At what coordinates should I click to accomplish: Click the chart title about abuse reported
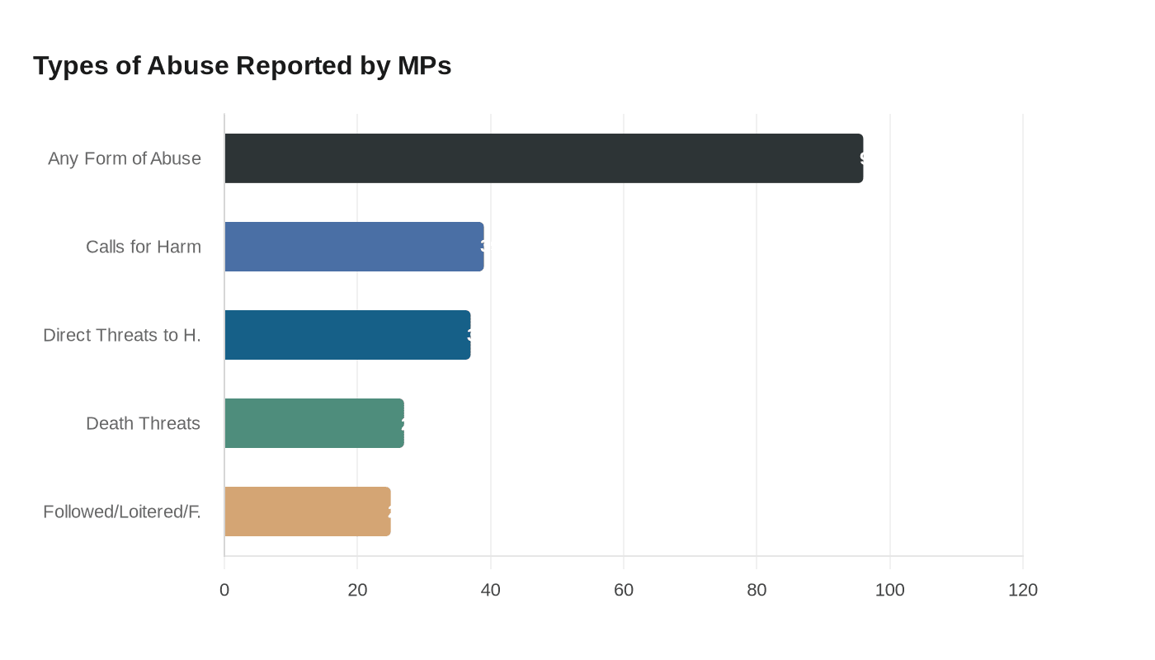coord(242,65)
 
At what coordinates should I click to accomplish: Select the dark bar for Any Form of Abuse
coord(544,158)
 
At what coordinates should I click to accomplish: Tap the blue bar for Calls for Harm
coord(354,247)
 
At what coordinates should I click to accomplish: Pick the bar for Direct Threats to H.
coord(347,335)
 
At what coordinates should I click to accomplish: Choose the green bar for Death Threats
coord(314,423)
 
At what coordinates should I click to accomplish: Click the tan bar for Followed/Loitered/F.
coord(308,511)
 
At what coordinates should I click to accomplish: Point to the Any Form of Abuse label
coord(125,158)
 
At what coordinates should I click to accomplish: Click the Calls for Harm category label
coord(144,247)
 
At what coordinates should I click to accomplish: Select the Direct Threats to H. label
coord(122,335)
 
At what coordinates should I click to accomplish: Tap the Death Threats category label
coord(144,423)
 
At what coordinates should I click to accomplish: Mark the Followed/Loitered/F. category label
coord(122,511)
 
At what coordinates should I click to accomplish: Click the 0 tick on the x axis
coord(224,590)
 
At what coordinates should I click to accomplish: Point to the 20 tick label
coord(357,590)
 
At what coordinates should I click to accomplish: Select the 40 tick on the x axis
coord(491,590)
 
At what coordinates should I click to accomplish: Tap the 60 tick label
coord(624,590)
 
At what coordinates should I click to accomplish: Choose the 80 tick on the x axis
coord(757,590)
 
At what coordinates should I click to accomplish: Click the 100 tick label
coord(890,590)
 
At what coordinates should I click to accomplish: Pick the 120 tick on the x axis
coord(1023,590)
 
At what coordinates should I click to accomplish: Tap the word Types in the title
coord(70,65)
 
